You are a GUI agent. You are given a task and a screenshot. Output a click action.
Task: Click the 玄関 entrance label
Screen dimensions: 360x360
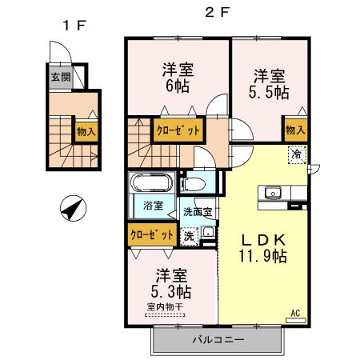(x=61, y=78)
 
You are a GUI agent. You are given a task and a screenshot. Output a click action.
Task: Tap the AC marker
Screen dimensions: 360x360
(x=294, y=313)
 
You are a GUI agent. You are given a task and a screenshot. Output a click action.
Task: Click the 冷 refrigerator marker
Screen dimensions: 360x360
(x=296, y=154)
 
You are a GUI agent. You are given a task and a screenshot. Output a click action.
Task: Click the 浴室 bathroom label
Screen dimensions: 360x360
(x=153, y=206)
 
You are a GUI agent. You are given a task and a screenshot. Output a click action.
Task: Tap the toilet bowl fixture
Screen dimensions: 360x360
(x=194, y=184)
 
